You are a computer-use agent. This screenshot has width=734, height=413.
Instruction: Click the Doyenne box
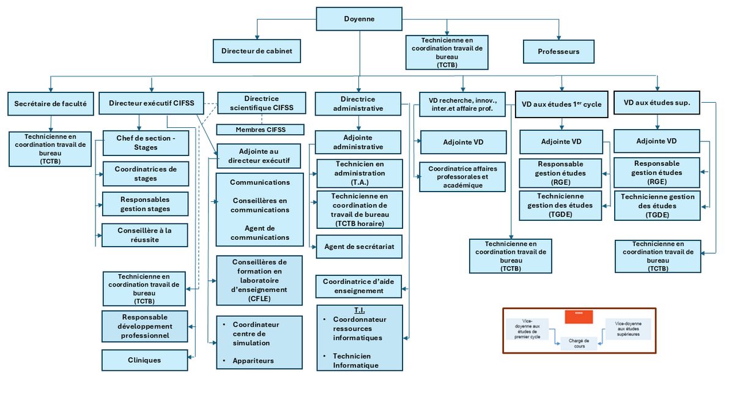click(x=359, y=19)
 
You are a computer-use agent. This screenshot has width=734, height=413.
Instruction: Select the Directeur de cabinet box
click(x=257, y=51)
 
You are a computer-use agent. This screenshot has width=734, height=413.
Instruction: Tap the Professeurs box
click(x=558, y=51)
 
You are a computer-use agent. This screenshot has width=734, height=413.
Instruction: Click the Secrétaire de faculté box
click(x=50, y=103)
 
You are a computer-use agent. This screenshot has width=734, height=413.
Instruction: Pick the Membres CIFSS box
click(x=261, y=129)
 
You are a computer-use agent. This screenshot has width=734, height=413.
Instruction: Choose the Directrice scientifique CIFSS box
click(x=261, y=103)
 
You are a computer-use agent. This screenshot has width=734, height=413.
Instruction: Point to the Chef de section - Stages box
click(x=145, y=143)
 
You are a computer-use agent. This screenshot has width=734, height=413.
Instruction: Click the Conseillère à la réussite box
click(x=145, y=235)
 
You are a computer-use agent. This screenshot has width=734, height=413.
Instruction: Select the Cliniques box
click(x=145, y=360)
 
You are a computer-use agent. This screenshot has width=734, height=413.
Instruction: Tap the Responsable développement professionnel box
click(x=145, y=326)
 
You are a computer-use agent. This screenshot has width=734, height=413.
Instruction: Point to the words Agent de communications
click(x=260, y=233)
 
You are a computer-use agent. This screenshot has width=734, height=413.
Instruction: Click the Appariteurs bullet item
click(x=253, y=360)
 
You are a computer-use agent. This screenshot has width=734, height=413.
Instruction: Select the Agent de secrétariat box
click(x=359, y=247)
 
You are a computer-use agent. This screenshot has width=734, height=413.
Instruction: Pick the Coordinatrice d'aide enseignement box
click(x=359, y=286)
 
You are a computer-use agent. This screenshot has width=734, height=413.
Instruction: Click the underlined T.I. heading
click(x=359, y=310)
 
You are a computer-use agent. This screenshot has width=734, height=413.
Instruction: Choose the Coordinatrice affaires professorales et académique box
click(x=463, y=177)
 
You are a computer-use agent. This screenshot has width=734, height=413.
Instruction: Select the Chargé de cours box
click(x=579, y=343)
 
